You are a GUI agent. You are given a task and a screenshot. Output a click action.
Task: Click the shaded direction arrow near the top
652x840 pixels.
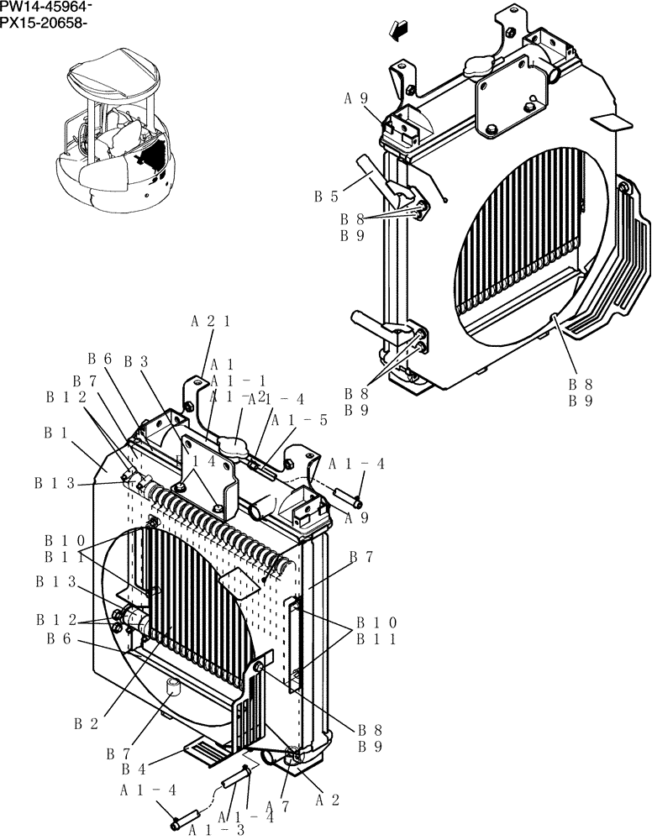click(x=399, y=29)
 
